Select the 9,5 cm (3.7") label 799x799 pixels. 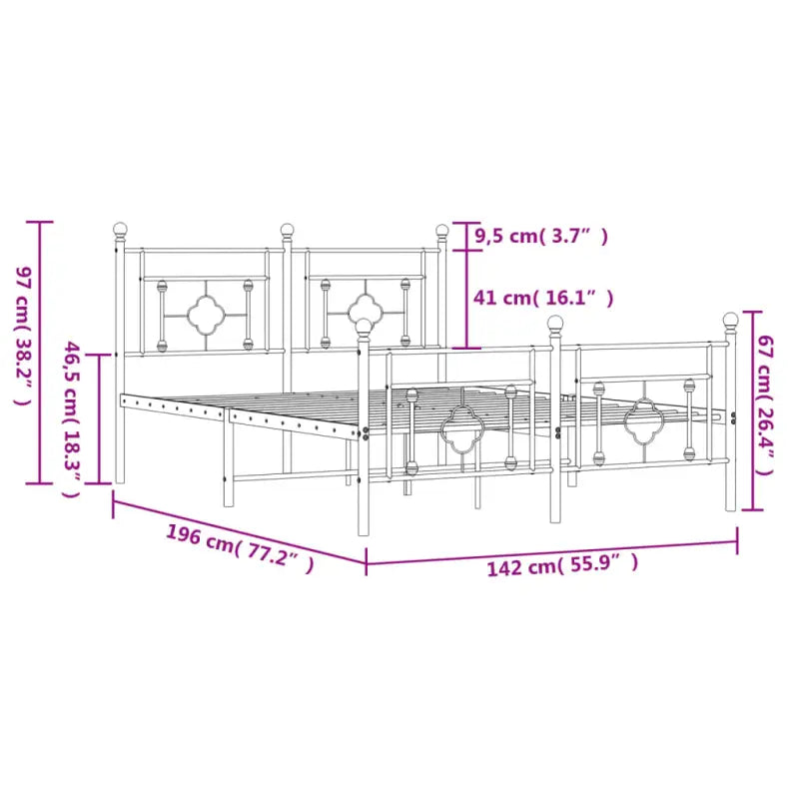[540, 237]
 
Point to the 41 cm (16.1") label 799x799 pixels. [543, 298]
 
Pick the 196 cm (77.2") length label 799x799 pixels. [240, 549]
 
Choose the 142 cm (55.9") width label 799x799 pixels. [562, 567]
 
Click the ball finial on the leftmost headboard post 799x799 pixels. [121, 231]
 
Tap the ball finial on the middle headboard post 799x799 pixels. [288, 232]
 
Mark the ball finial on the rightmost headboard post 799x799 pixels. [441, 232]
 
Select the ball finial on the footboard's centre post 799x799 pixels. [554, 324]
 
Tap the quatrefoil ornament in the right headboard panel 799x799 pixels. [364, 309]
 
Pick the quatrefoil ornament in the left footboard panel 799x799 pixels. [461, 431]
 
